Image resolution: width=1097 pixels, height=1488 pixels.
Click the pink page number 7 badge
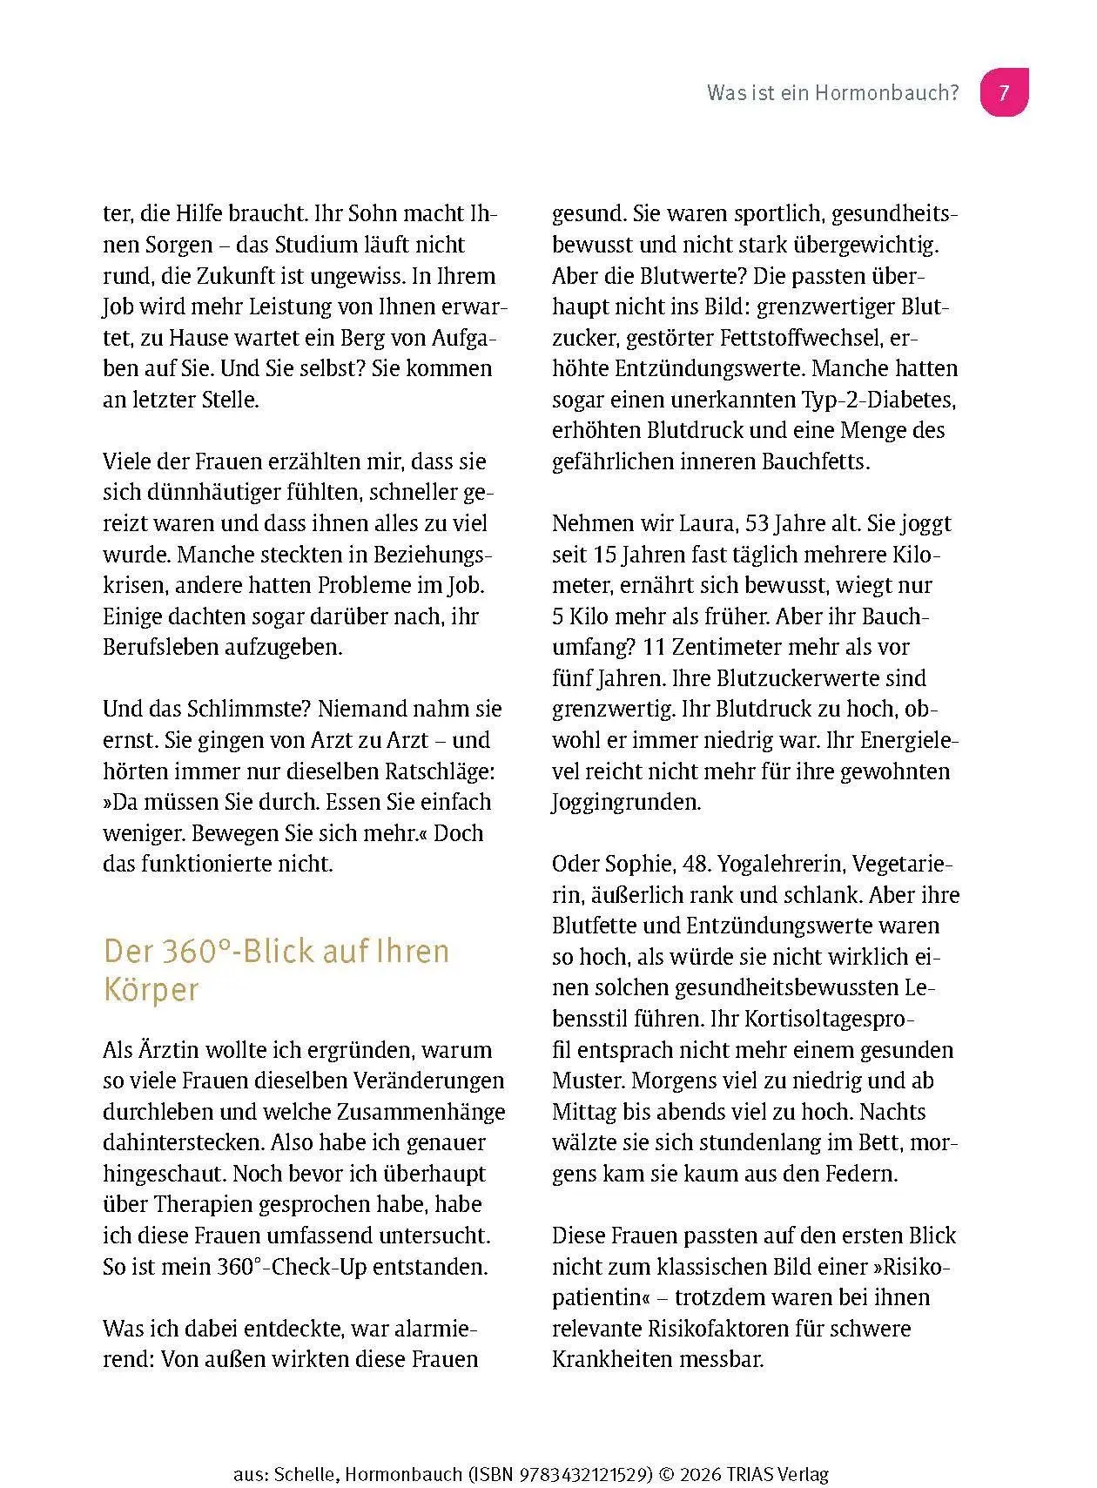tap(1004, 92)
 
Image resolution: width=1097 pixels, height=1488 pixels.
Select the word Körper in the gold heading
tap(151, 990)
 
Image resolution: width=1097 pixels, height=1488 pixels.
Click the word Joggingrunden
tap(626, 802)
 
